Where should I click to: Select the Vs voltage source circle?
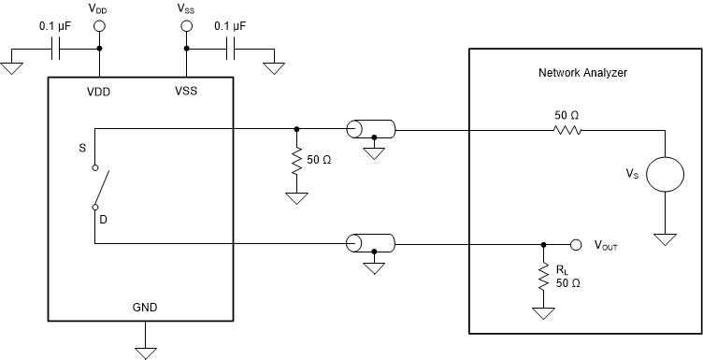click(665, 176)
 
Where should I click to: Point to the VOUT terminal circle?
click(576, 245)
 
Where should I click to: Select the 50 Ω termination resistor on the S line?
click(296, 160)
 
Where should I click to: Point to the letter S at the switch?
click(84, 148)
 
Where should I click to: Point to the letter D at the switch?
click(104, 220)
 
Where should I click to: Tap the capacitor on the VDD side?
click(58, 48)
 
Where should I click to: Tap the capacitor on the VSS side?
click(228, 48)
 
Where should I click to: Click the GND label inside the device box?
click(146, 306)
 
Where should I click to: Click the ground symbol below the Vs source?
click(665, 239)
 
